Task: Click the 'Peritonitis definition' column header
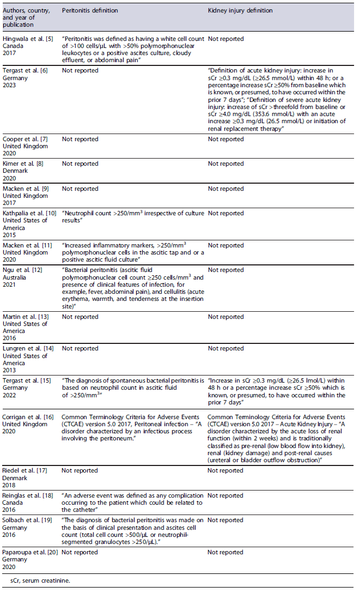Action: tap(89, 10)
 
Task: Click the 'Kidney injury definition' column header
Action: tap(240, 10)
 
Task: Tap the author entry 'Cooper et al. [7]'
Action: tap(26, 140)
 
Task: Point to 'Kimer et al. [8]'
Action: tap(25, 164)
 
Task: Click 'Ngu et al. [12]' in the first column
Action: tap(23, 270)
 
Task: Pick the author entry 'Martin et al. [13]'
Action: tap(26, 317)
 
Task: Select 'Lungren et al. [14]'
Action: tap(28, 349)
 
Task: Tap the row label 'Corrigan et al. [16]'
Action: tap(28, 416)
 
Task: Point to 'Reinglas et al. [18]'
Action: tap(28, 496)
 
